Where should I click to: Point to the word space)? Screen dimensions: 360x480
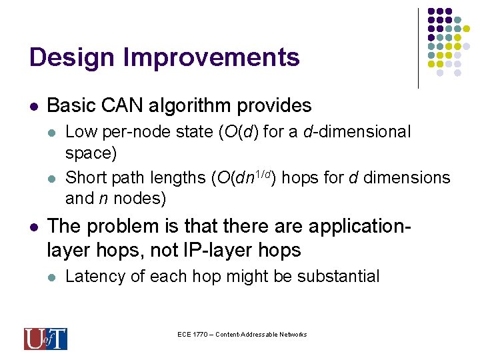(x=91, y=153)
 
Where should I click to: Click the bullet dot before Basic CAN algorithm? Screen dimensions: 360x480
(x=33, y=106)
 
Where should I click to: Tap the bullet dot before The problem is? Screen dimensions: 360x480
(x=33, y=227)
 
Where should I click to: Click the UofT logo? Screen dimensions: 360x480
(x=45, y=339)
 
